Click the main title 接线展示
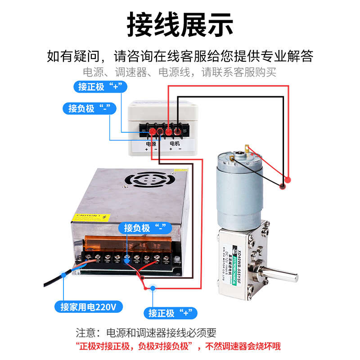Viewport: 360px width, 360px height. tap(180, 24)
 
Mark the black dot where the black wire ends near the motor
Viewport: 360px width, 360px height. tap(283, 186)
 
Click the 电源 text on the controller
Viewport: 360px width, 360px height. tap(151, 144)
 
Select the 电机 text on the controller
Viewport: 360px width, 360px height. tap(175, 144)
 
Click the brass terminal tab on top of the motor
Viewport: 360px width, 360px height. tap(246, 148)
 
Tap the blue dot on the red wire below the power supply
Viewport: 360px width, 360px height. tap(153, 288)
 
